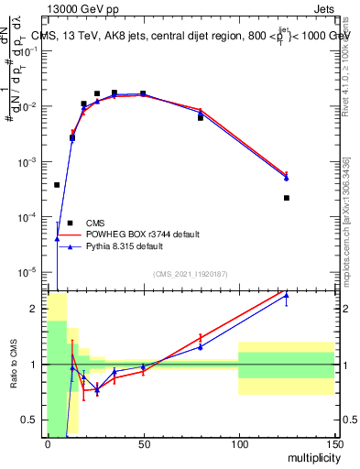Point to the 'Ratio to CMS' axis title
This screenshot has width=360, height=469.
tap(14, 364)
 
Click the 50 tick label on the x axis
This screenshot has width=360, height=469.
tap(143, 443)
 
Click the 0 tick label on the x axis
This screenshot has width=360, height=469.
tap(48, 443)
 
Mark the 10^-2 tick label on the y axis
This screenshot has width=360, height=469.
tap(30, 107)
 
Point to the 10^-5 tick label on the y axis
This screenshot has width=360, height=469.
tap(30, 272)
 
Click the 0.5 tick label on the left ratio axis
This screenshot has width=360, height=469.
tap(33, 420)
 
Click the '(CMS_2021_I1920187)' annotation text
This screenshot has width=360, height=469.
tap(190, 274)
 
